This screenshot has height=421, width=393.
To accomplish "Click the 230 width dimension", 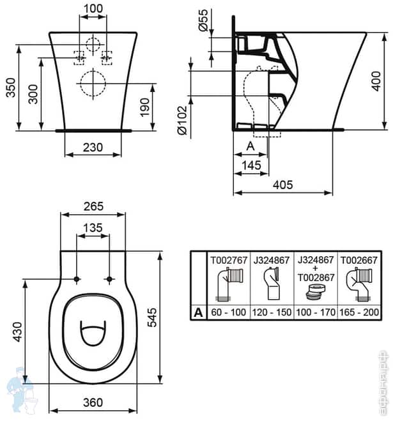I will click(x=93, y=147).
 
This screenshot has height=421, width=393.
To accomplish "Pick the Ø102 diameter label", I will click(x=182, y=119).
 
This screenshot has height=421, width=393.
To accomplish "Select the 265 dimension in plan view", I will click(x=93, y=206).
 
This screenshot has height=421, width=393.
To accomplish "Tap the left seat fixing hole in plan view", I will click(x=77, y=279).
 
